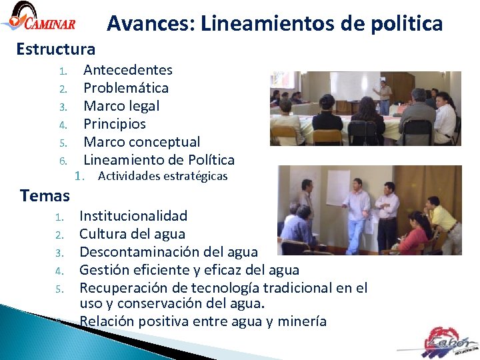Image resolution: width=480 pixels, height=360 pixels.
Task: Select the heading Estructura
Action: (x=56, y=49)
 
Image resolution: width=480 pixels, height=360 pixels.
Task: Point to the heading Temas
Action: (x=45, y=196)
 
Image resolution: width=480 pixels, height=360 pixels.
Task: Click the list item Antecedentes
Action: (x=127, y=70)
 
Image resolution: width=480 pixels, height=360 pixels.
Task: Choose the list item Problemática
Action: (x=125, y=88)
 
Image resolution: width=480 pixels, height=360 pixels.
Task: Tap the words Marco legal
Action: (x=121, y=106)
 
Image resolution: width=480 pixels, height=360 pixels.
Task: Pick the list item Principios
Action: (x=114, y=124)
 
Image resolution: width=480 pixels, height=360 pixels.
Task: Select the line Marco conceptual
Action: (x=141, y=142)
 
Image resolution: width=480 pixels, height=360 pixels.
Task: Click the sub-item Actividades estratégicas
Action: (x=163, y=177)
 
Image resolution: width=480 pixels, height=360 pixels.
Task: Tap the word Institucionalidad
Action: (x=133, y=216)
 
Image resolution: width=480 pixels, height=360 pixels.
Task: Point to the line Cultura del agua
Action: (x=132, y=234)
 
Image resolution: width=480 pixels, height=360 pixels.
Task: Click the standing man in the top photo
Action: (x=383, y=97)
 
